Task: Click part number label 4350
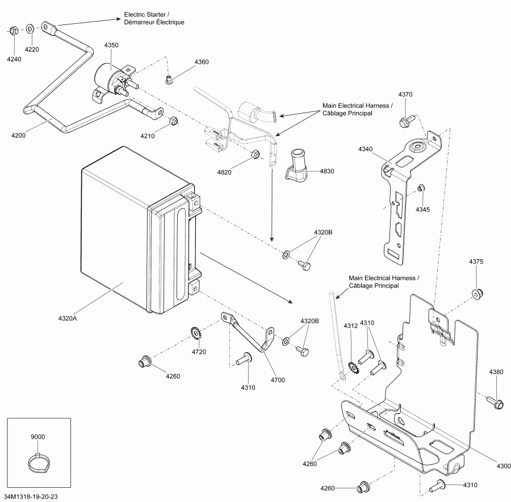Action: tap(111, 45)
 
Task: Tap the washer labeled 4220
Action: tap(30, 29)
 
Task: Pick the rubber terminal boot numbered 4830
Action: tap(296, 166)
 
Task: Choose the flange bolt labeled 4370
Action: tap(407, 121)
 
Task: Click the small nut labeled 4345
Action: tap(420, 188)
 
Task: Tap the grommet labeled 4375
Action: tap(478, 293)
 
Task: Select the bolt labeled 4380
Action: tap(495, 402)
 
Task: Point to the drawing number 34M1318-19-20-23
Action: tap(31, 496)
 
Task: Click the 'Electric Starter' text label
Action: tap(146, 15)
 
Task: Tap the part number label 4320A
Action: tap(68, 318)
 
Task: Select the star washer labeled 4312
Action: tap(354, 367)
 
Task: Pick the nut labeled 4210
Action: tap(174, 121)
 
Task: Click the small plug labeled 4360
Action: tap(169, 80)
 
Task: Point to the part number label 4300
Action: tap(504, 466)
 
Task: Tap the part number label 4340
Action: tap(365, 149)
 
